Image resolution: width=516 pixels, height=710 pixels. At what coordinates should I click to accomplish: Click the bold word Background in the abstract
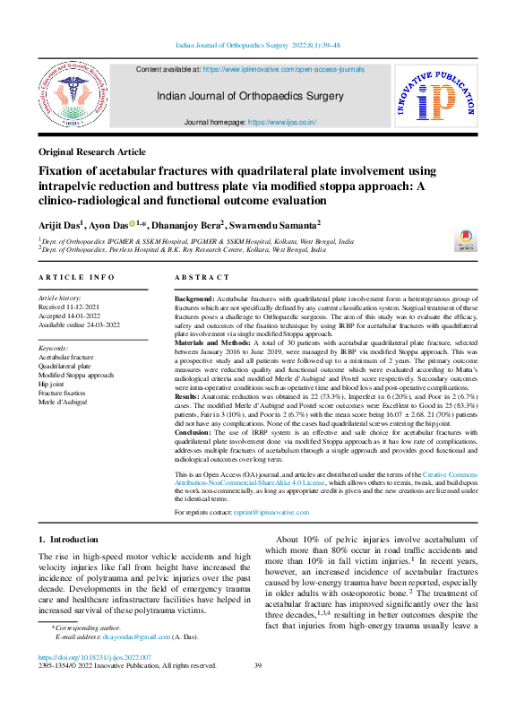point(193,297)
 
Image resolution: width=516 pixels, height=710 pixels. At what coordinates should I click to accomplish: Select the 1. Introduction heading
point(72,540)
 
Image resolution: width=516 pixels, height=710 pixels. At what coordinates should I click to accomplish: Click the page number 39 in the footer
point(258,665)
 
